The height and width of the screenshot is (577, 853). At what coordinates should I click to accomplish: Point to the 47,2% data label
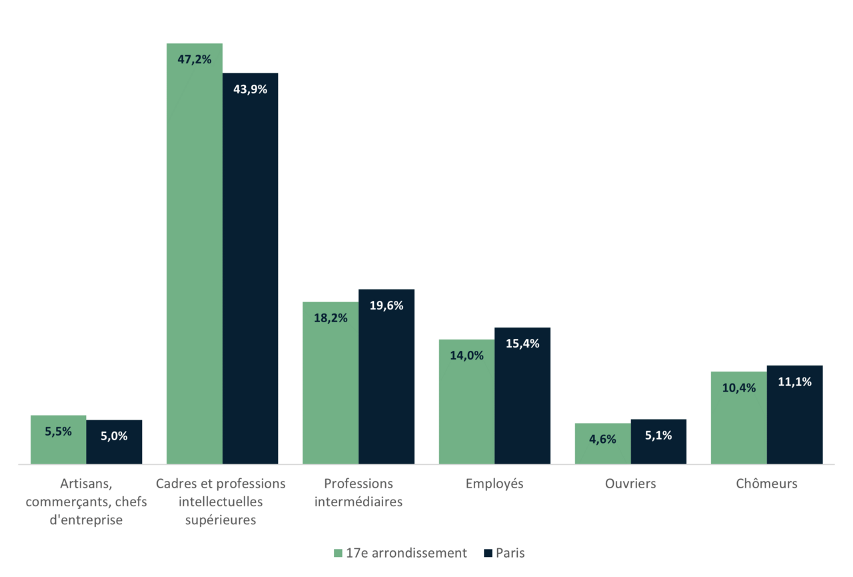pyautogui.click(x=195, y=59)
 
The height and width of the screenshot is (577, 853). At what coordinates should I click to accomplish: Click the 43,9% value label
pyautogui.click(x=250, y=89)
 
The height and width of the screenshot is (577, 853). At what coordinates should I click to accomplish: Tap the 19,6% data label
pyautogui.click(x=387, y=306)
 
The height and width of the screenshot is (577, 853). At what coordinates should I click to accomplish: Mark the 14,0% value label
pyautogui.click(x=466, y=356)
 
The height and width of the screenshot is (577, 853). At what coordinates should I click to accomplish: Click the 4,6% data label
pyautogui.click(x=602, y=440)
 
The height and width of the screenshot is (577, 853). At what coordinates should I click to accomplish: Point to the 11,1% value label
pyautogui.click(x=794, y=382)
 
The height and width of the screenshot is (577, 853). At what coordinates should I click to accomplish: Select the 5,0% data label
pyautogui.click(x=114, y=436)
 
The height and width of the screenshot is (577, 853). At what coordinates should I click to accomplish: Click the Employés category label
pyautogui.click(x=494, y=484)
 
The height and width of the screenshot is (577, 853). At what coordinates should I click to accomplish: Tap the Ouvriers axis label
pyautogui.click(x=630, y=484)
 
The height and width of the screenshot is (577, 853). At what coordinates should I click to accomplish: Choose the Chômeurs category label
pyautogui.click(x=766, y=484)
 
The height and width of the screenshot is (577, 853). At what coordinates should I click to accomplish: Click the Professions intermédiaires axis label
pyautogui.click(x=359, y=492)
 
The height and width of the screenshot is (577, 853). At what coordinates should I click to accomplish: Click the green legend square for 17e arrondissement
pyautogui.click(x=338, y=553)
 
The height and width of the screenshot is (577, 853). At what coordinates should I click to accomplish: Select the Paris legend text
pyautogui.click(x=510, y=553)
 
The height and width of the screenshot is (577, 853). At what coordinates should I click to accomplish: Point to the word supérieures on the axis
pyautogui.click(x=221, y=520)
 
